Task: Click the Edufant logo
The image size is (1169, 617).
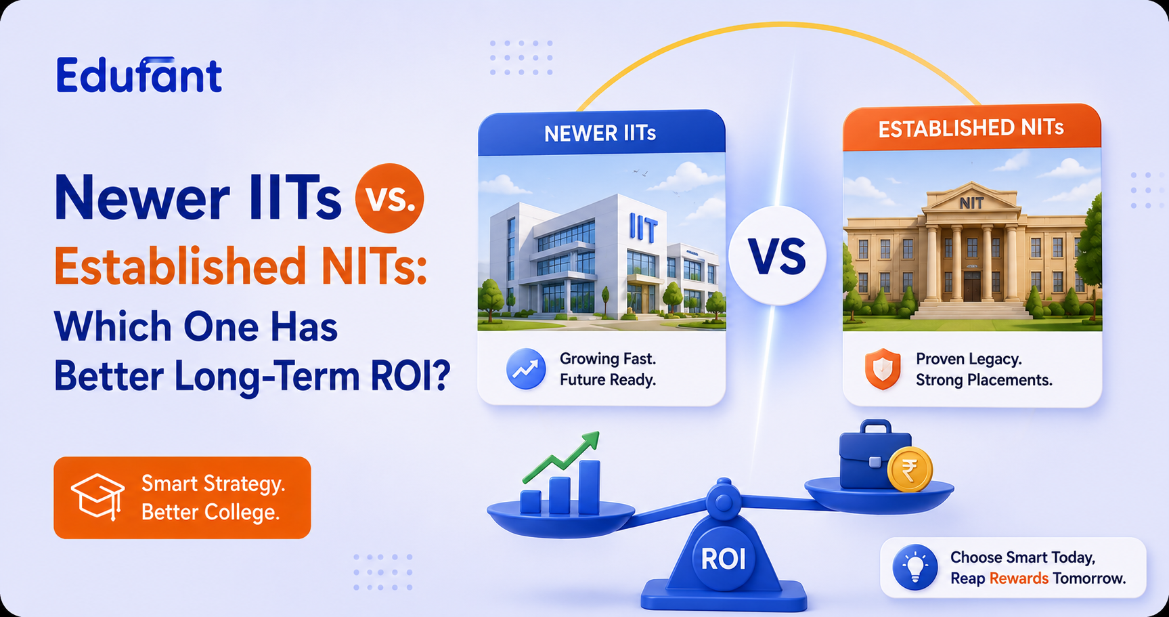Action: click(x=139, y=75)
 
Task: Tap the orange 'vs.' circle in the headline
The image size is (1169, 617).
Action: click(x=389, y=198)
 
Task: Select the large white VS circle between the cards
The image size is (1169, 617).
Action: click(x=777, y=255)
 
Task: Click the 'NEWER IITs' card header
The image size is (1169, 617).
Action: click(x=601, y=133)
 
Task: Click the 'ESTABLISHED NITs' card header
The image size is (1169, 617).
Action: click(x=971, y=127)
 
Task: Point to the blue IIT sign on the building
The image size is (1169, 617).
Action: click(x=642, y=228)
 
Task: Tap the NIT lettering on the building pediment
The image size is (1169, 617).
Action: click(x=971, y=203)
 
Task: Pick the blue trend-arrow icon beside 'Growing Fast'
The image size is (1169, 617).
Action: click(x=526, y=368)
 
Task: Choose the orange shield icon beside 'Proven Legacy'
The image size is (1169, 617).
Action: click(x=883, y=370)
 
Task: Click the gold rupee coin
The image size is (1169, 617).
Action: click(x=910, y=469)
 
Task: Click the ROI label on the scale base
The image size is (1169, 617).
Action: click(x=724, y=559)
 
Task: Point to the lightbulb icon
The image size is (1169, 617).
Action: click(x=915, y=568)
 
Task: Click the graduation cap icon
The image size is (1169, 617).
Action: click(x=98, y=497)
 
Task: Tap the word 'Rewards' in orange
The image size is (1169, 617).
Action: click(x=1019, y=578)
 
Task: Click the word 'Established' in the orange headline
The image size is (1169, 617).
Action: click(x=180, y=265)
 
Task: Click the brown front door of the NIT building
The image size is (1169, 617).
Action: click(x=972, y=285)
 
